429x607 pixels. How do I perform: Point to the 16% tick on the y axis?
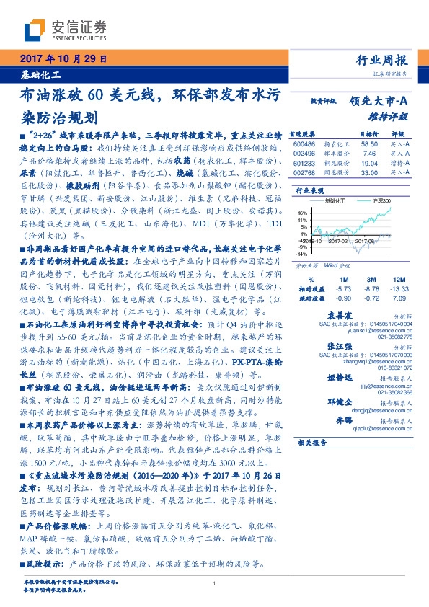303,214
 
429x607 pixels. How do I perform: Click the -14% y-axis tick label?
302,254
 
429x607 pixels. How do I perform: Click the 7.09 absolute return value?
398,297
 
